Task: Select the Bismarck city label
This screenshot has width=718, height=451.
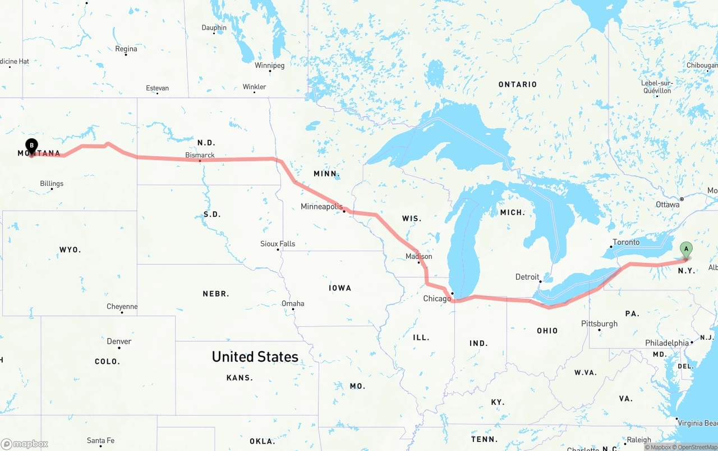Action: pos(200,155)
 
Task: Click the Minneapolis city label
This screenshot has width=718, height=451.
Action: pos(321,207)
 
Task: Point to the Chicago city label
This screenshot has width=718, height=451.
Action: pos(437,298)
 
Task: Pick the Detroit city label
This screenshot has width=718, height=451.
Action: pos(527,277)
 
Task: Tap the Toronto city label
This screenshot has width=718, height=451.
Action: pos(626,242)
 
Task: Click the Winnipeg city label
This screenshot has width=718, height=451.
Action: pos(270,66)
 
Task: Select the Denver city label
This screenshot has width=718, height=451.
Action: pos(119,341)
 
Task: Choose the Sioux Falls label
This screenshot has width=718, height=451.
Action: pos(278,244)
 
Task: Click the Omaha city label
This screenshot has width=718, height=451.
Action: pos(293,303)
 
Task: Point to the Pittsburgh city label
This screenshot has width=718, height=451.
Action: pos(599,324)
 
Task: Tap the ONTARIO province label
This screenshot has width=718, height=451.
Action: pos(518,84)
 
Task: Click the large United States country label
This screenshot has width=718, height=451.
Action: pos(255,357)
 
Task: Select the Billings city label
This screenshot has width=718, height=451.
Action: pos(52,184)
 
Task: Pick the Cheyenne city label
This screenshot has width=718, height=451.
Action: pos(122,307)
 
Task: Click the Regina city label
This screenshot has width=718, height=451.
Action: pos(126,49)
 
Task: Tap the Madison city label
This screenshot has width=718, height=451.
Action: pos(419,256)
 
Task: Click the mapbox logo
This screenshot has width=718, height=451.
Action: pos(25,444)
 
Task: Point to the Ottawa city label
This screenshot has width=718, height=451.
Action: pos(668,204)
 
